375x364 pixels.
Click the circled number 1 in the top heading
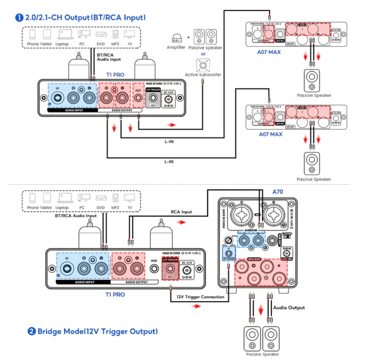coord(19,18)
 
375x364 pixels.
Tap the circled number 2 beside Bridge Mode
coord(31,331)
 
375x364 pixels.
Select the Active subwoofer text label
coord(203,75)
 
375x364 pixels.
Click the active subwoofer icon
coord(202,65)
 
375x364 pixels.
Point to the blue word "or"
coord(203,54)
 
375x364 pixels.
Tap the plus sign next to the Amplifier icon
coord(188,37)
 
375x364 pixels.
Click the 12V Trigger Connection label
coord(200,297)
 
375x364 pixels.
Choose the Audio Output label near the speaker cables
coord(289,308)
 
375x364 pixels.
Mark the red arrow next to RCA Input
coord(184,222)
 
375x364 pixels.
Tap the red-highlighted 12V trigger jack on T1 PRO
coord(170,272)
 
